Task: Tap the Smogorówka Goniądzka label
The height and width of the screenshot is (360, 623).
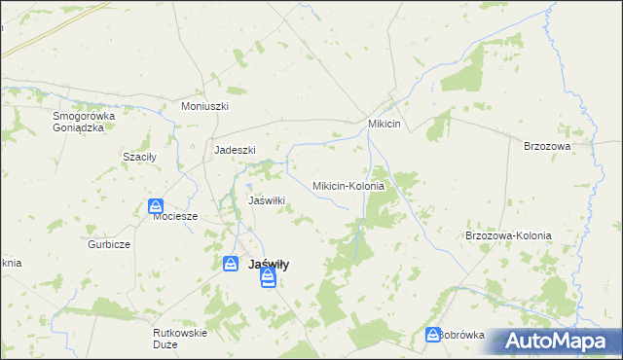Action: (x=85, y=122)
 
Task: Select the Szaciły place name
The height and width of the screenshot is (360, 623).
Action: (x=139, y=157)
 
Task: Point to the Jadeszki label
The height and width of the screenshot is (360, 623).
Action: (x=235, y=150)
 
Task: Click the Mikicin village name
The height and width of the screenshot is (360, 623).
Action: (x=390, y=125)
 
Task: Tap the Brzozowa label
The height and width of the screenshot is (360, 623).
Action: (x=546, y=145)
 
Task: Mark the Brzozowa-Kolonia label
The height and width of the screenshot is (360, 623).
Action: (x=508, y=235)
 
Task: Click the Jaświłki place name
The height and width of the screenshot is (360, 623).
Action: (x=267, y=200)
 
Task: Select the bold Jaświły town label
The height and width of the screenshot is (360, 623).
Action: (x=270, y=264)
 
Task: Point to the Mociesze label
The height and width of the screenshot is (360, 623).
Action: (x=175, y=217)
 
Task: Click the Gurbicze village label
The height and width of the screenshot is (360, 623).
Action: (x=109, y=244)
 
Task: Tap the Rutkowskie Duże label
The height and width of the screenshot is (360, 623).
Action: (x=180, y=338)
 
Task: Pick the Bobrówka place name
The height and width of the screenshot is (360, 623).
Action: (x=462, y=335)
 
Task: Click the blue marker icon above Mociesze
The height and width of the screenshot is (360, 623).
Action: (x=156, y=206)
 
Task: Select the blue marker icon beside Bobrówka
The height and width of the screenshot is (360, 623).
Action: (x=432, y=335)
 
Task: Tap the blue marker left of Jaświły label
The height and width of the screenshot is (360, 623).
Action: (x=231, y=264)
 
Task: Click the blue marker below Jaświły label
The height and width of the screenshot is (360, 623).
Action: (x=268, y=280)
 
